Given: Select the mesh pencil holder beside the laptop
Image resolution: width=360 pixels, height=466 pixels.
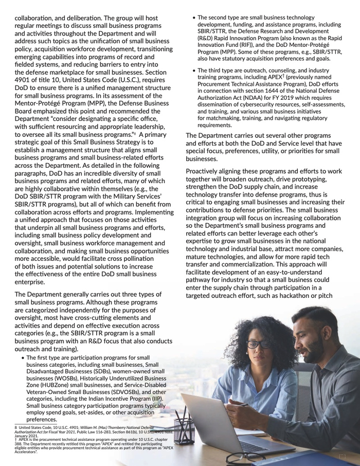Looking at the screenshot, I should (x=184, y=430).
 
